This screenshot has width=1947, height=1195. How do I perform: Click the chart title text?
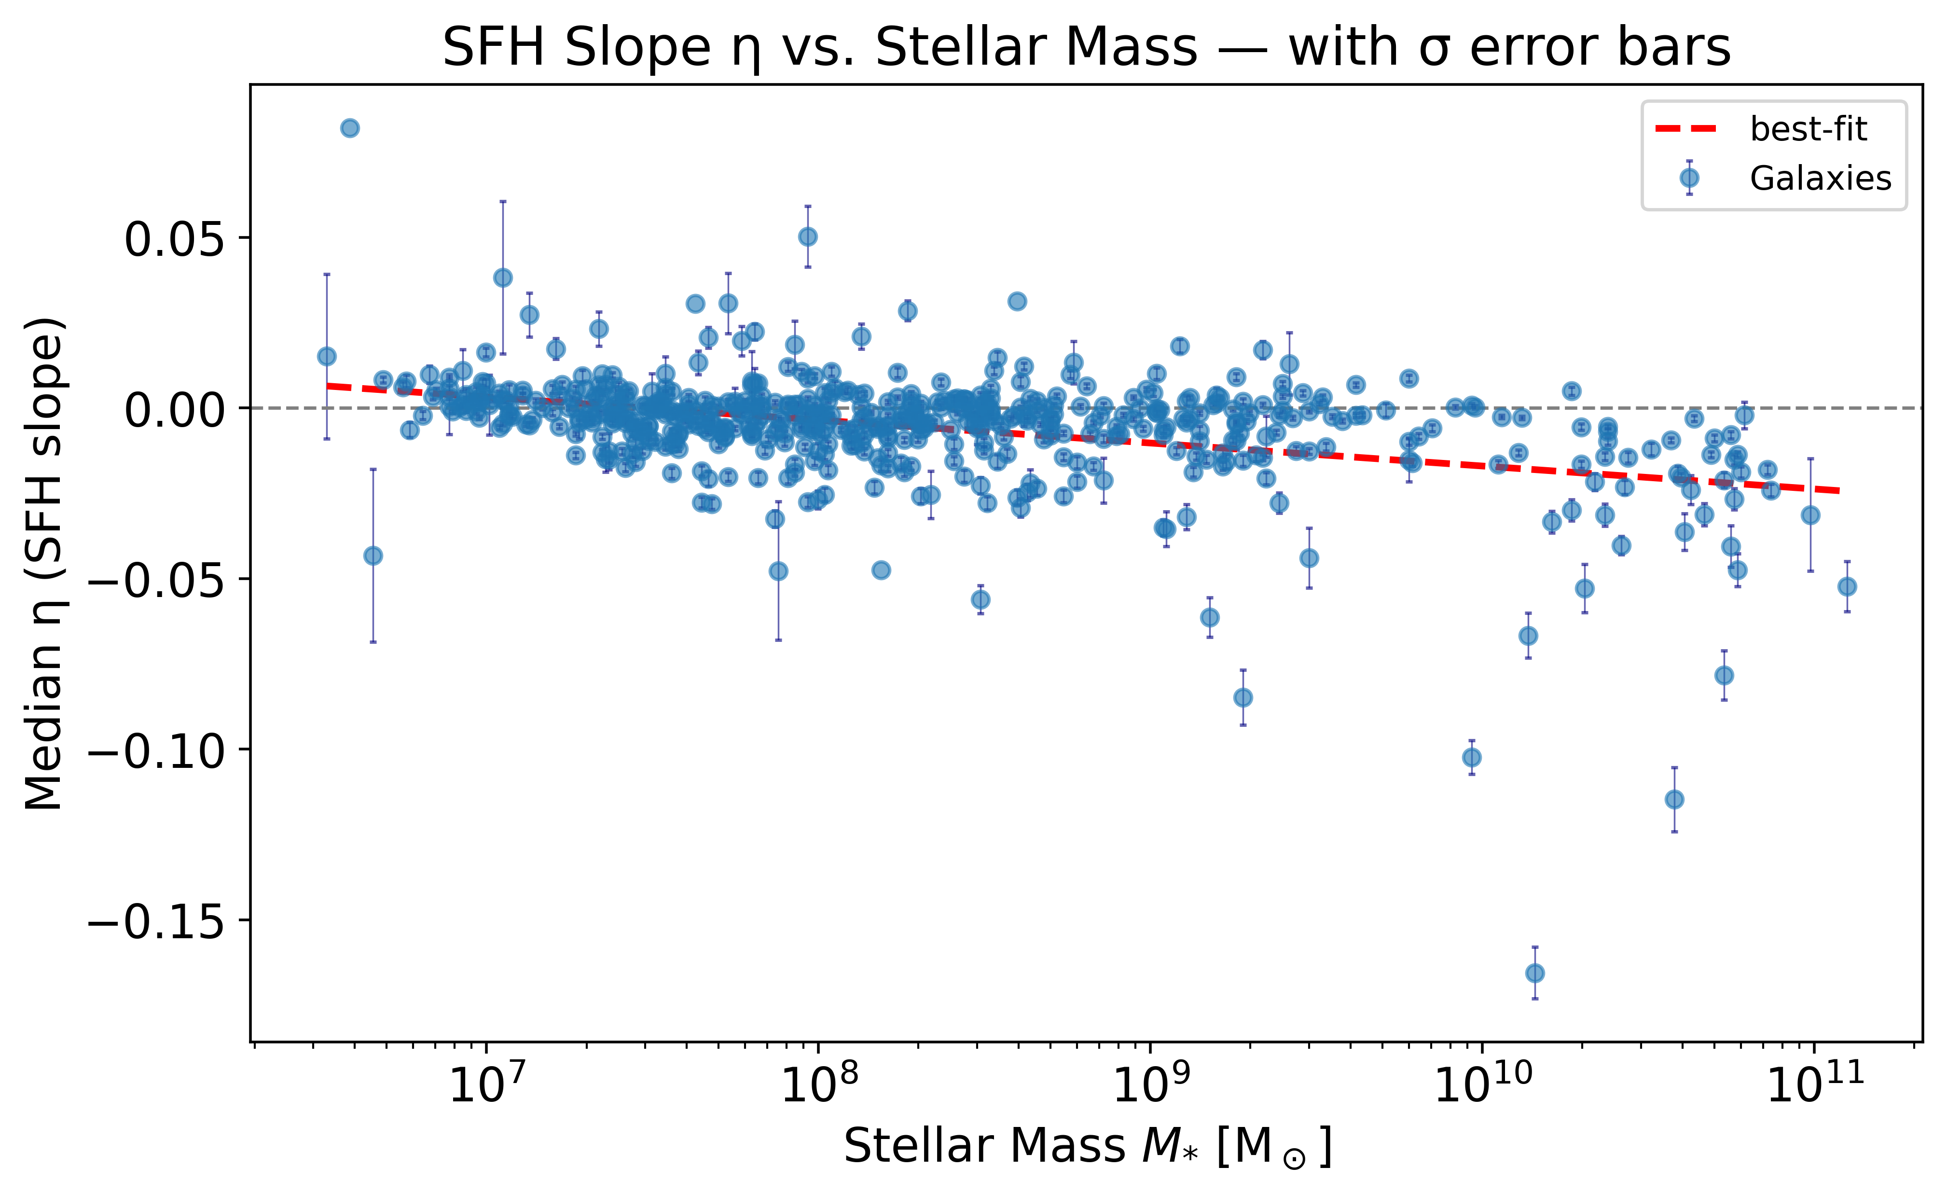click(x=1087, y=47)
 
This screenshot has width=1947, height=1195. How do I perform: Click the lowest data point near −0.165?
click(x=1534, y=973)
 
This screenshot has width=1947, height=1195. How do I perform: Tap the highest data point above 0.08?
click(x=350, y=128)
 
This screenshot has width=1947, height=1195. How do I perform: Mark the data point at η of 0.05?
click(x=808, y=236)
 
